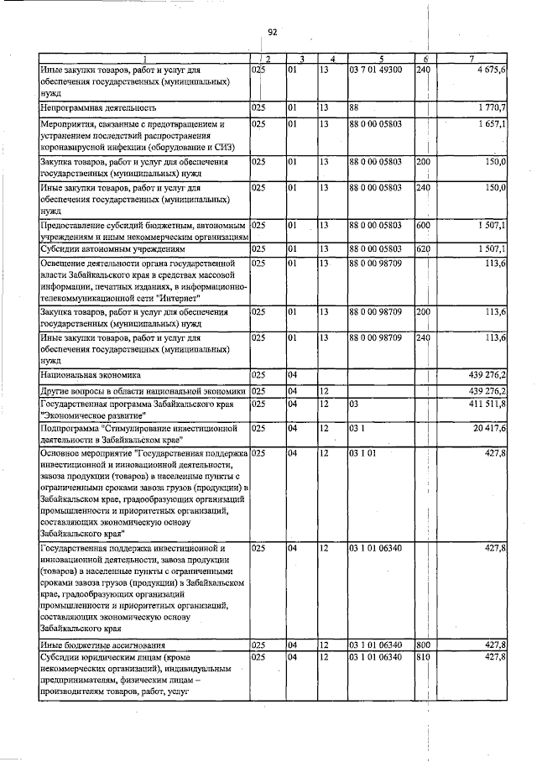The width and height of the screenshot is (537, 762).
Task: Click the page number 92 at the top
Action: tap(273, 32)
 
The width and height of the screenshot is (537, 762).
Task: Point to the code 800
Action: tap(424, 645)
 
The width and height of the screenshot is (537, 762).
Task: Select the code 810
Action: tap(424, 656)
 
